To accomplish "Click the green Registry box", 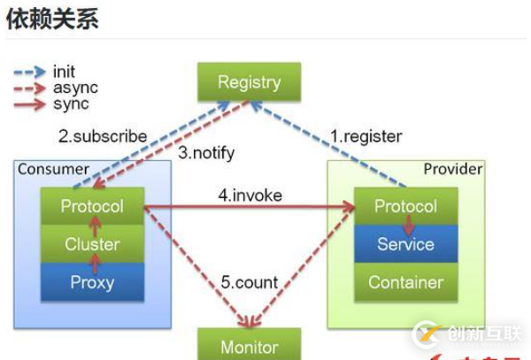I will [249, 83].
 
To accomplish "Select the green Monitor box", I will [249, 347].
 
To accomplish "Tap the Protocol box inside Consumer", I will [92, 207].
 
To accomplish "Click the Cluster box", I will [92, 244].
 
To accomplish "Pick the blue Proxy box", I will [92, 282].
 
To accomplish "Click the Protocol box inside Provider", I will [405, 206].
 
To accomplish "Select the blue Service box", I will [405, 244].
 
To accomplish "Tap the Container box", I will [405, 282].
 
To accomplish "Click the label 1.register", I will [366, 136].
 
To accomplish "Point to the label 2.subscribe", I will [103, 136].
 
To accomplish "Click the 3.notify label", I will [206, 153].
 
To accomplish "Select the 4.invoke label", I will [250, 195].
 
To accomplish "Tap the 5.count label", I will [250, 283].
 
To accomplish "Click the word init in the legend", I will [65, 72].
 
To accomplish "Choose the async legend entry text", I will [75, 88].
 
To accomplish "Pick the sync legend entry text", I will [71, 103].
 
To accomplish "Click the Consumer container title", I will [53, 169].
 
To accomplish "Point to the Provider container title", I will [452, 169].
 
